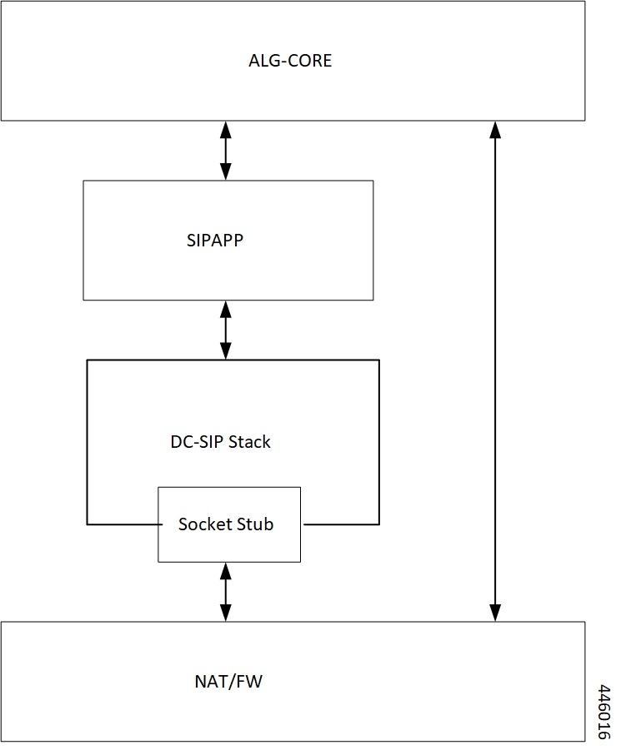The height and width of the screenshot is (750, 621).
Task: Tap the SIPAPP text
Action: click(215, 241)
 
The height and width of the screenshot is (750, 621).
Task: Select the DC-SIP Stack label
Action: click(215, 442)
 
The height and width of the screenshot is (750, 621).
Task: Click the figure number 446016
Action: click(604, 712)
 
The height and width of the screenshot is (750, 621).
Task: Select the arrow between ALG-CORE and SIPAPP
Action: click(226, 151)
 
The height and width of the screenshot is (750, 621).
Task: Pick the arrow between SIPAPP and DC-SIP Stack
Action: click(226, 330)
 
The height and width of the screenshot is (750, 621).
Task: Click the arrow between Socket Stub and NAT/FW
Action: click(226, 591)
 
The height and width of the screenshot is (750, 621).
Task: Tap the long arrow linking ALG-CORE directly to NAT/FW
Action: click(495, 370)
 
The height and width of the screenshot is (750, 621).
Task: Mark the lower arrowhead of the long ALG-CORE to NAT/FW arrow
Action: click(495, 613)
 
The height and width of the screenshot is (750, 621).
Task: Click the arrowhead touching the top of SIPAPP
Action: click(226, 172)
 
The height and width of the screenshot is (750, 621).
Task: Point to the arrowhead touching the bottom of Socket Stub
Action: click(226, 570)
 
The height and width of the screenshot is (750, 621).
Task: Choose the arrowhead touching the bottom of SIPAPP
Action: click(226, 309)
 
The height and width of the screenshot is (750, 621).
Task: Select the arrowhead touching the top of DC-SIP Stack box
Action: click(226, 351)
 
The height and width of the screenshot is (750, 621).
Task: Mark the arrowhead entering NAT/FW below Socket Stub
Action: click(226, 613)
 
